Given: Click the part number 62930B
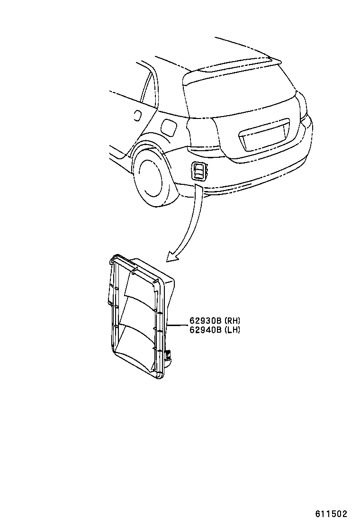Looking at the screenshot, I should (x=205, y=321).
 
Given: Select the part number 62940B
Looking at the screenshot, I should (x=205, y=330).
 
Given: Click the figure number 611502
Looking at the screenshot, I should (x=332, y=514).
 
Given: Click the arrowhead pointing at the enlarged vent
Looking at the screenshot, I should (x=171, y=257).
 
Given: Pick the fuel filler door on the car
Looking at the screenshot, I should (x=168, y=127).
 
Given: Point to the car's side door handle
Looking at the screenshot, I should (x=137, y=114).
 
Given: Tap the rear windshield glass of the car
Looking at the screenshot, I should (x=237, y=95).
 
